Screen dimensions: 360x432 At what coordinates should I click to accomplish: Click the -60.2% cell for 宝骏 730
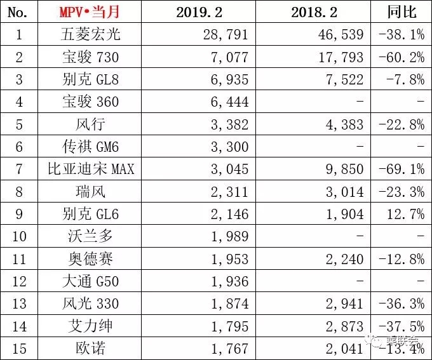pos(402,57)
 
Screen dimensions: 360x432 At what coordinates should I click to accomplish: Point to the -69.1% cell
pos(402,170)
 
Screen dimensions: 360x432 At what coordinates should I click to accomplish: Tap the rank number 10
pos(20,237)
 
